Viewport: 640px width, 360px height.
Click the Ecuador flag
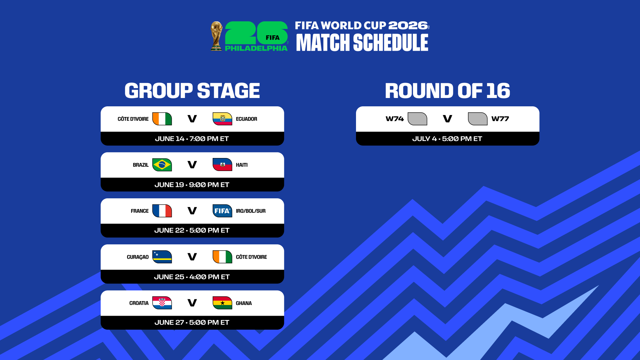(x=222, y=119)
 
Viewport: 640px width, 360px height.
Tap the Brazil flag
(x=162, y=165)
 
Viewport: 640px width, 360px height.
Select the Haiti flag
(x=222, y=165)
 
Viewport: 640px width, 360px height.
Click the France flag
(x=162, y=211)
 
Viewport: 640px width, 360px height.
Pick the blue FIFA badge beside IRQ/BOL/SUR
(x=222, y=211)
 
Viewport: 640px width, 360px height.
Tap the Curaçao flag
(x=162, y=257)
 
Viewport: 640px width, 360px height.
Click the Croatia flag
(x=162, y=303)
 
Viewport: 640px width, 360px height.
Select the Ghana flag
(x=222, y=303)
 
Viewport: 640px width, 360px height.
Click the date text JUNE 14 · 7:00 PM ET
(x=192, y=139)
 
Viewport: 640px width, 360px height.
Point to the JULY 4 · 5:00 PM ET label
(x=447, y=139)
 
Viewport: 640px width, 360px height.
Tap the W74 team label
(x=395, y=119)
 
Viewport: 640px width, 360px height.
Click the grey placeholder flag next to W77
(x=478, y=119)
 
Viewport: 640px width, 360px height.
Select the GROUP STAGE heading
(x=192, y=91)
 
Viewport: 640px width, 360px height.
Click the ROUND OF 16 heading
(x=447, y=91)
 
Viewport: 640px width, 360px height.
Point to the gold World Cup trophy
(x=217, y=36)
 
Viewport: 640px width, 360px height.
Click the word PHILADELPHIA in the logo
(x=256, y=48)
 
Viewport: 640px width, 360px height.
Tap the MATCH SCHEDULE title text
(x=362, y=43)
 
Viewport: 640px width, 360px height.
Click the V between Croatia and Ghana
(x=192, y=303)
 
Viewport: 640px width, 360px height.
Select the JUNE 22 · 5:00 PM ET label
(x=192, y=230)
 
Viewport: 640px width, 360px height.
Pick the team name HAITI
(x=242, y=165)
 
